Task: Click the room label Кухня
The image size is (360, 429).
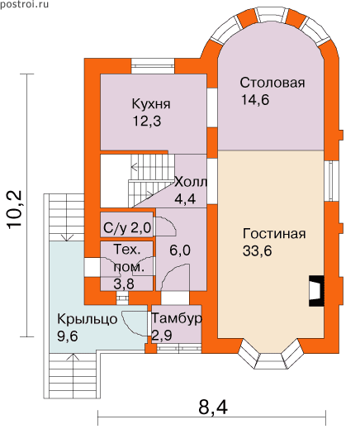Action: click(151, 104)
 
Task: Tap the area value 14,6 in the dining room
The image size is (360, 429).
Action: click(255, 100)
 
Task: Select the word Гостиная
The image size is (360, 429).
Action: click(274, 234)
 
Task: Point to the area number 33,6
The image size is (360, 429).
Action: click(257, 250)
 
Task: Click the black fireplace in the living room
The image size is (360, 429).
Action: click(316, 290)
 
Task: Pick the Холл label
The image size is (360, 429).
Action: click(191, 182)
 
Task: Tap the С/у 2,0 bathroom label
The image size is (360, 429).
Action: click(127, 228)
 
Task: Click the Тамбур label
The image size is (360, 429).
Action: click(177, 319)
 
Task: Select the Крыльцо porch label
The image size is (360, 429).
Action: click(88, 319)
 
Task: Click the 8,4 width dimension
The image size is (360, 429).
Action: click(213, 407)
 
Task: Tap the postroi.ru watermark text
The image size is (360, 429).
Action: click(24, 5)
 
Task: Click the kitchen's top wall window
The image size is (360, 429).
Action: click(153, 66)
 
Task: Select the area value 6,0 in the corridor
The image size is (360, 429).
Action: click(180, 250)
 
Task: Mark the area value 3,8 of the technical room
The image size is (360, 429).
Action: click(124, 284)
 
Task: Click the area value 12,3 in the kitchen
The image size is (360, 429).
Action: click(147, 121)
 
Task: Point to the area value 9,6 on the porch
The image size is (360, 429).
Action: click(68, 336)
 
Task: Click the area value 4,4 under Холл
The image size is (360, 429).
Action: click(185, 198)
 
